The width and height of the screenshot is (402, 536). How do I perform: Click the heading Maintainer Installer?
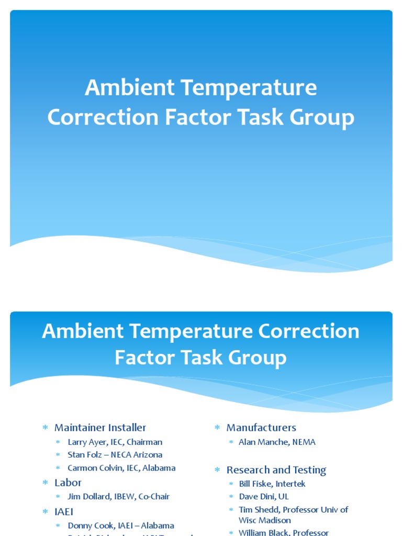click(100, 428)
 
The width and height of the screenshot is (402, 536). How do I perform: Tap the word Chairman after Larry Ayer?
click(144, 442)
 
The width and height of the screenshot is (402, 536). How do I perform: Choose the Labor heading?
click(68, 483)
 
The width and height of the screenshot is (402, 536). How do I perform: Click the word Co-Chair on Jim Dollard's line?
click(152, 496)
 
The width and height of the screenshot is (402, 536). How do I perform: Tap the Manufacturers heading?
click(261, 428)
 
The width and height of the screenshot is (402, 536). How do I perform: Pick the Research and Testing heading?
click(276, 470)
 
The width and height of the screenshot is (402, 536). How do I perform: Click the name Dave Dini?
click(256, 496)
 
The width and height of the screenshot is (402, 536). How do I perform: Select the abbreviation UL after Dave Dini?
click(283, 496)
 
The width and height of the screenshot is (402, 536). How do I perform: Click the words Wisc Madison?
click(264, 520)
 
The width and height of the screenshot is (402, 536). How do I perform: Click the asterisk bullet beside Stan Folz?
click(58, 455)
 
